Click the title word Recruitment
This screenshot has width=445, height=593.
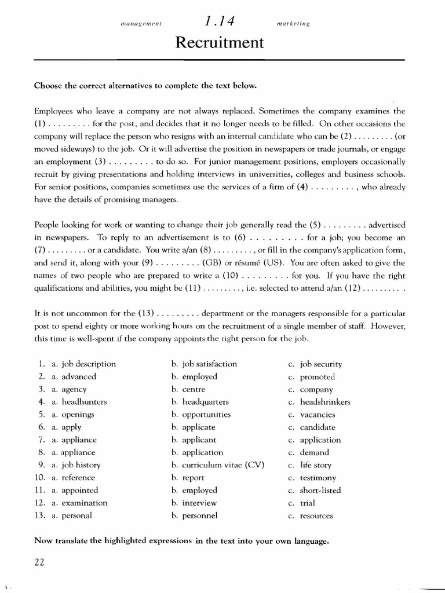pos(222,43)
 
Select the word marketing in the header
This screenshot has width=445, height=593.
pos(294,24)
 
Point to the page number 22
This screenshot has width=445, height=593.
pos(39,563)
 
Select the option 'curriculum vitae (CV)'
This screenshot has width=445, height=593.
pos(220,465)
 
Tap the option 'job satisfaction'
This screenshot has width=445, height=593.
pos(210,364)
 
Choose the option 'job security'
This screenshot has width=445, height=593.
pos(321,364)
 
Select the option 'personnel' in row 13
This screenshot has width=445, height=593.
pos(200,515)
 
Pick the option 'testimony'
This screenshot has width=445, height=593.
pos(318,478)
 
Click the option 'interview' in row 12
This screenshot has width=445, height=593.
pos(199,503)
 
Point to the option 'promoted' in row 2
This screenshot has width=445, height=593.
pos(317,376)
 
